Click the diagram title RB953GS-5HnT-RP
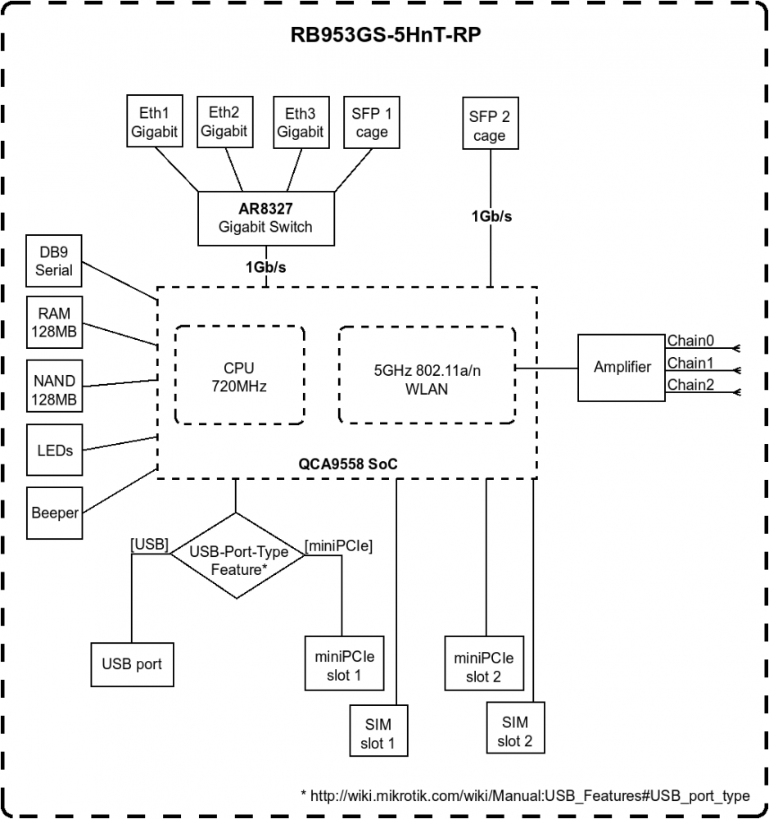pos(386,34)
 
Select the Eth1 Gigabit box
pos(155,121)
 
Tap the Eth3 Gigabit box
pos(301,122)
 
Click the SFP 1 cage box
pos(372,122)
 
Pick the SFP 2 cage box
pos(490,124)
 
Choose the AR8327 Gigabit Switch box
pos(266,219)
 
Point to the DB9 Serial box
pos(54,260)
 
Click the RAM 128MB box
pos(54,322)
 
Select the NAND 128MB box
pos(54,386)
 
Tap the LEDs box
pos(54,450)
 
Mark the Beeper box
pos(54,513)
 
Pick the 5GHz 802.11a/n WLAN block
pos(427,375)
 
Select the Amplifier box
pos(621,368)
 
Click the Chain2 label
pos(690,385)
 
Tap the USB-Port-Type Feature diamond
pos(237,555)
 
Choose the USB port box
pos(132,664)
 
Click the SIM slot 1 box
pos(378,731)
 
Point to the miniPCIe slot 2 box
pos(484,663)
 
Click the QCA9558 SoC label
pos(348,464)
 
